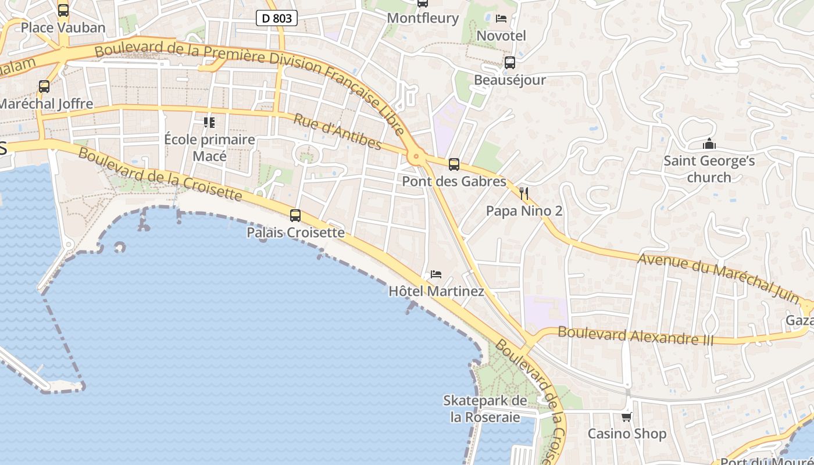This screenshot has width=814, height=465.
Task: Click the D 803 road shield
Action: click(x=277, y=18)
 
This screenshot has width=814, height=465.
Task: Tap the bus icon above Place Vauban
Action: click(x=63, y=10)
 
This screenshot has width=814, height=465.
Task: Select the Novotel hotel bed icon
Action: click(x=501, y=19)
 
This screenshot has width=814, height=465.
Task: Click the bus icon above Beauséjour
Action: click(x=510, y=62)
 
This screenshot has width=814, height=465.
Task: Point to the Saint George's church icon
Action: click(x=709, y=144)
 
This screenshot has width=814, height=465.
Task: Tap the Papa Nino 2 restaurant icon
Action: click(x=524, y=193)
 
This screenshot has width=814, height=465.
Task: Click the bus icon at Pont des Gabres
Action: click(x=454, y=164)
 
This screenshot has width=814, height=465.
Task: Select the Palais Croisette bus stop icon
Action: click(x=295, y=216)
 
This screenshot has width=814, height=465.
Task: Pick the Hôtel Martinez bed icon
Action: click(x=436, y=274)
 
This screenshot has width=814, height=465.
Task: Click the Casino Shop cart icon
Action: click(x=626, y=417)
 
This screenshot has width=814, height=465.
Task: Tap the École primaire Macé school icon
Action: click(x=209, y=122)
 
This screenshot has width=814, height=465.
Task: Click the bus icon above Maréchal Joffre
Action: click(x=44, y=87)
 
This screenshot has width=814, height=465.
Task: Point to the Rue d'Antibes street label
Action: click(x=337, y=132)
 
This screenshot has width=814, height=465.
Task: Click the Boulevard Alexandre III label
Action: click(x=635, y=336)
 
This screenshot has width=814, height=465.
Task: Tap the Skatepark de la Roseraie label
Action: click(x=485, y=409)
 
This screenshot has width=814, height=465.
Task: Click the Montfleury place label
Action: click(x=423, y=18)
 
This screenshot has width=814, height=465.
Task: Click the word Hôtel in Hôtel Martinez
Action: click(x=406, y=291)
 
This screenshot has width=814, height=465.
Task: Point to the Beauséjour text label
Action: click(x=510, y=80)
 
